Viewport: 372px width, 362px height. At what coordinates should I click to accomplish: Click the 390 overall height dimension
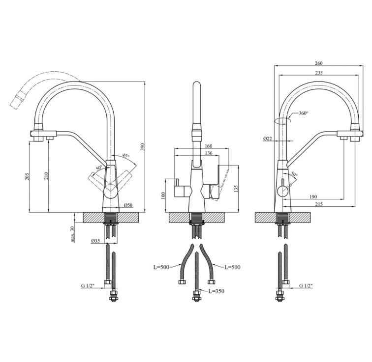pos(142,147)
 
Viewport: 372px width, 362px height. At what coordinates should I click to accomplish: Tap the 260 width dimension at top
pos(319,63)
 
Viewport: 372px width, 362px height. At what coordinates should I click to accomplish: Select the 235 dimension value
pos(319,73)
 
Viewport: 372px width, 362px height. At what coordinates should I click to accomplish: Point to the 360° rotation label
pos(304,113)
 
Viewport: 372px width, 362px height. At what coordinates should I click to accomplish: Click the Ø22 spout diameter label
pos(267,139)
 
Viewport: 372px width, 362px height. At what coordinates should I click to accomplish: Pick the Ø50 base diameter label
pos(128,205)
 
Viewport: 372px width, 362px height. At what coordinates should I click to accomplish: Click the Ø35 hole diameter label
pos(95,241)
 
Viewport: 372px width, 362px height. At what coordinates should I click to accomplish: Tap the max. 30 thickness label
pos(72,234)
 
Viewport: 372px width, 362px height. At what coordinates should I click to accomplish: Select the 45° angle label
pos(126,156)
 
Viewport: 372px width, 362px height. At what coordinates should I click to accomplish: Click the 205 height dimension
pos(27,176)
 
